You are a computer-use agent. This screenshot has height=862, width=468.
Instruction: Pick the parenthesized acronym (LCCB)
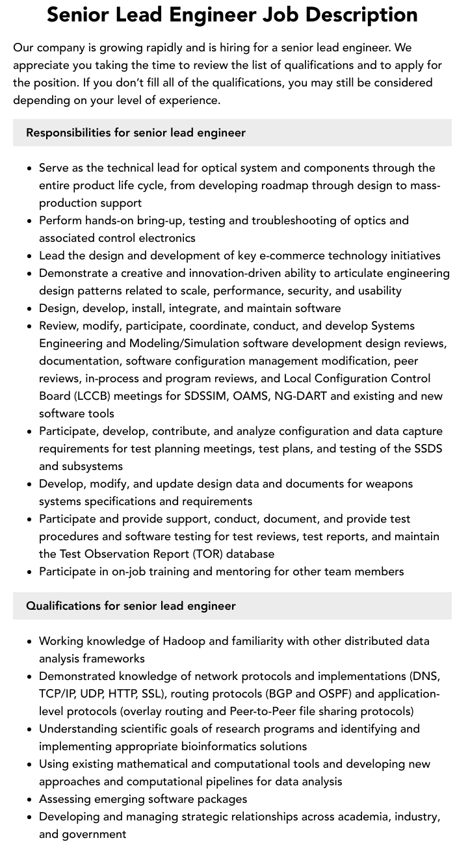pos(63,396)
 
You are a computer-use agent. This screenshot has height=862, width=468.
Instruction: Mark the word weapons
pos(388,484)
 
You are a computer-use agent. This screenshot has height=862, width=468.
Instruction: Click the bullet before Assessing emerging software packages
pos(30,799)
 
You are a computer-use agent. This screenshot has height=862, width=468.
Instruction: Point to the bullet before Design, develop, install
pos(30,308)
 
